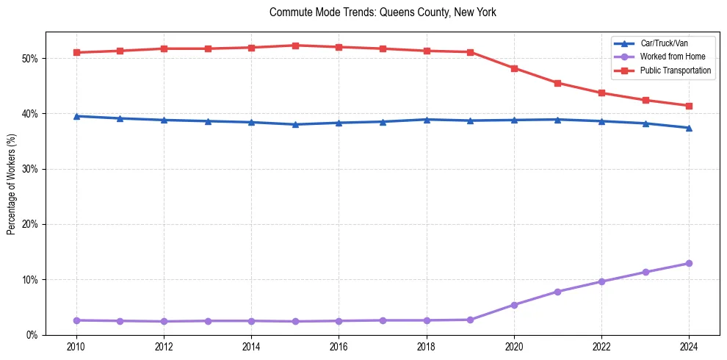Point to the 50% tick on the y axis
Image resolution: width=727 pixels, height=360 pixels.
(x=30, y=58)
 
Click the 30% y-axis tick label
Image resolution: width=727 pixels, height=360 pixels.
(x=30, y=169)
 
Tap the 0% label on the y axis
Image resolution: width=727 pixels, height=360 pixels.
(x=32, y=335)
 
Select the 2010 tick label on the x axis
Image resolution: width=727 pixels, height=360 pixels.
(x=76, y=346)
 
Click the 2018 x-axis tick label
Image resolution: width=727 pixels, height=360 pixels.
(x=427, y=346)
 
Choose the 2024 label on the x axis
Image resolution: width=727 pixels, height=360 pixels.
(x=689, y=346)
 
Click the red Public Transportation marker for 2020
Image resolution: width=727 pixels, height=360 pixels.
(x=514, y=68)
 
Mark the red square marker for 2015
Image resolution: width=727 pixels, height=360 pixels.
(x=295, y=46)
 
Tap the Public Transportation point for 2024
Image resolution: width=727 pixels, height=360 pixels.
(x=689, y=106)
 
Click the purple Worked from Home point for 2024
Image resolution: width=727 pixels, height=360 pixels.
(x=689, y=263)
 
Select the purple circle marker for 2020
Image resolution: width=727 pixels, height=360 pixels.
(x=514, y=305)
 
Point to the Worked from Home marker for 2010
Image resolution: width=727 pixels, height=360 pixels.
(x=76, y=320)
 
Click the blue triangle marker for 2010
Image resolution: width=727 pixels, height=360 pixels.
(x=76, y=116)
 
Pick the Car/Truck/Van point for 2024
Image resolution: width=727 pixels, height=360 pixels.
(x=689, y=128)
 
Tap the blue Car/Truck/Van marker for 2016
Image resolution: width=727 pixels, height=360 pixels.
(x=339, y=123)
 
